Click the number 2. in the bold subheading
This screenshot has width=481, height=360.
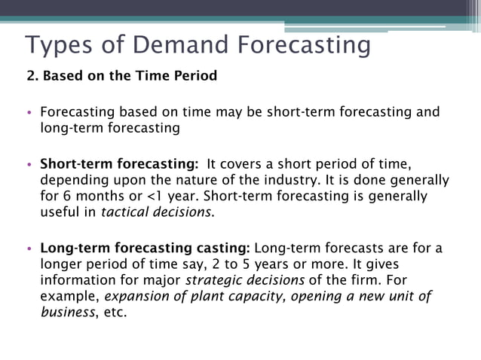pos(32,76)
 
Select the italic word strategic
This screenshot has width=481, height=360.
pos(216,281)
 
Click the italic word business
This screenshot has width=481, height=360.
pos(68,313)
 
